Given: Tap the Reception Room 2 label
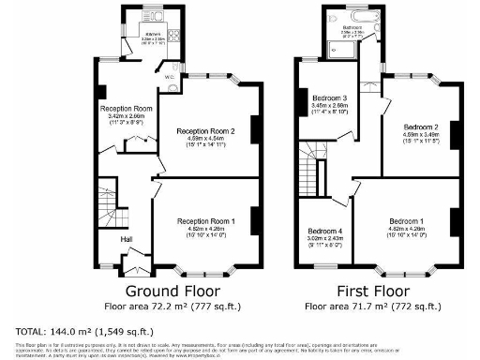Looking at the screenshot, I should [207, 130].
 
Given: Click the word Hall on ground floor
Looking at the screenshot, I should [125, 238].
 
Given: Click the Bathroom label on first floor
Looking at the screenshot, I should [352, 28].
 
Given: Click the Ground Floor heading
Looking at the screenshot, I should [177, 291].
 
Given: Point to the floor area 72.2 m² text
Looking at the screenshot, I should [177, 307].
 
